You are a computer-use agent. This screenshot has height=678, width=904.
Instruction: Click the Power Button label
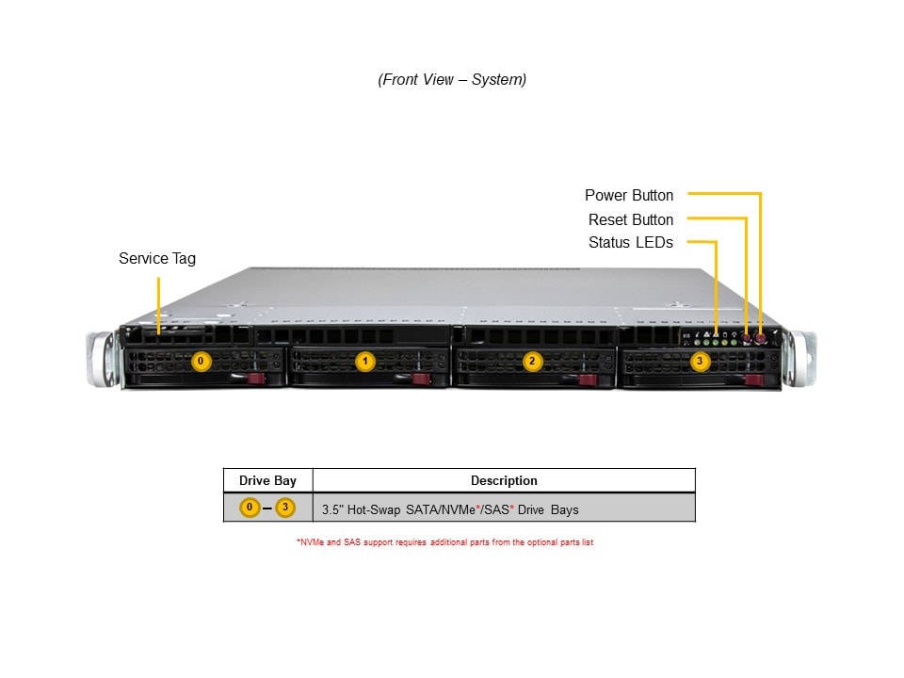tap(629, 196)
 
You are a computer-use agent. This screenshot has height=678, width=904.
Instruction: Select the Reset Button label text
tap(631, 220)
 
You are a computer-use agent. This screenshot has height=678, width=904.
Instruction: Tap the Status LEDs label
tap(631, 243)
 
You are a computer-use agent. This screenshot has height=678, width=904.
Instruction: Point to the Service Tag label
tap(157, 258)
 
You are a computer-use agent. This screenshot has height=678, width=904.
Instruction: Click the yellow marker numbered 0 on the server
tap(200, 361)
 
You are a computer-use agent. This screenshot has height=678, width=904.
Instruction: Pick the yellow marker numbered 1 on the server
tap(365, 361)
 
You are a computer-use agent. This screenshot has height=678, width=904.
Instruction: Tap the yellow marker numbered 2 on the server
tap(532, 361)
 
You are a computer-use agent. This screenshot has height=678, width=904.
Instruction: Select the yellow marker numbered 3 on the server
tap(699, 361)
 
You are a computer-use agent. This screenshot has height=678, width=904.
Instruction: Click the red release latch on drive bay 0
tap(256, 379)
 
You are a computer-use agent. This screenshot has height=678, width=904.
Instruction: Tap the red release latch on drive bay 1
tap(422, 379)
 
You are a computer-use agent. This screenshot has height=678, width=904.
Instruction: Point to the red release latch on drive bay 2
tap(588, 379)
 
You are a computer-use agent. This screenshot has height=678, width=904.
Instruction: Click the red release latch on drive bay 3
tap(752, 379)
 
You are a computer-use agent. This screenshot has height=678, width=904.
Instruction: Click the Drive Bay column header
tap(267, 480)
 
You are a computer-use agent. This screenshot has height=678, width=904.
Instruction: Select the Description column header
tap(504, 480)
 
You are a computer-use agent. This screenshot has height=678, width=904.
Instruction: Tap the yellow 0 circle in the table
tap(250, 508)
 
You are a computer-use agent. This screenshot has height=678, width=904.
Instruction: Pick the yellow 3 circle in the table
tap(285, 508)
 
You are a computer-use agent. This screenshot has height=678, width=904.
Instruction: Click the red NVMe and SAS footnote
tap(444, 542)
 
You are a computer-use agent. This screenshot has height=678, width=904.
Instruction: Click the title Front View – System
tap(452, 80)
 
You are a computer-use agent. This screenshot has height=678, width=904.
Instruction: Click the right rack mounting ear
tap(801, 357)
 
